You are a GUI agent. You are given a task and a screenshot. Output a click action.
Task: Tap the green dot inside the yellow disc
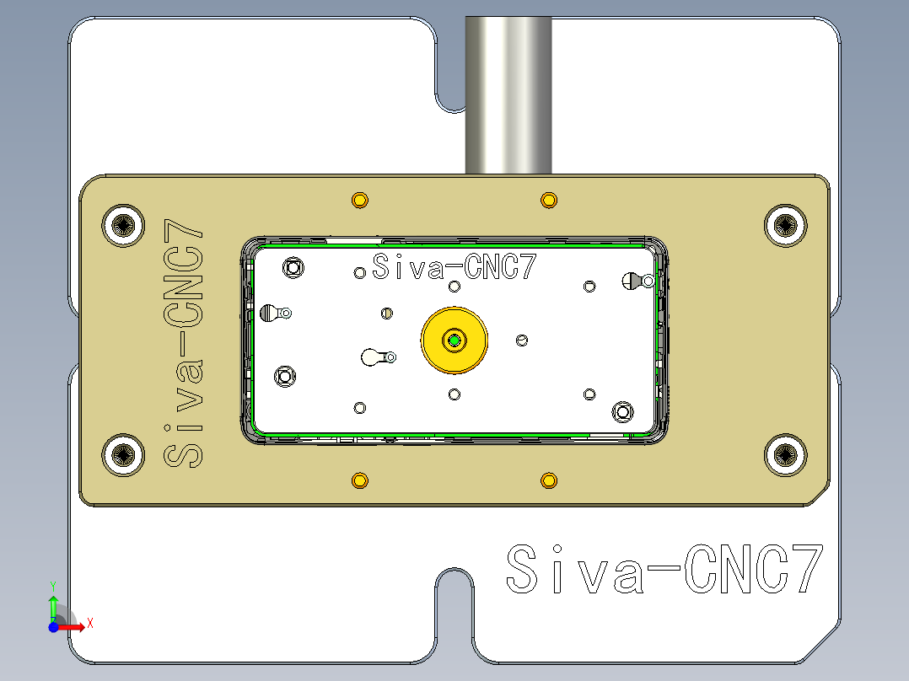pyautogui.click(x=454, y=340)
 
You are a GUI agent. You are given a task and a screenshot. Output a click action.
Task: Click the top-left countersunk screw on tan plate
pyautogui.click(x=123, y=225)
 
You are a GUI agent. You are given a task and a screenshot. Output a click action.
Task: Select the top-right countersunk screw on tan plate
pyautogui.click(x=786, y=225)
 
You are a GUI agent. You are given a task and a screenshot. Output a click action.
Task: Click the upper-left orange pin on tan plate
pyautogui.click(x=360, y=201)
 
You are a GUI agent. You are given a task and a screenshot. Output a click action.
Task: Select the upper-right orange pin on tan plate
pyautogui.click(x=548, y=201)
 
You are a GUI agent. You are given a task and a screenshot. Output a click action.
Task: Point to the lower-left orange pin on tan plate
pyautogui.click(x=360, y=480)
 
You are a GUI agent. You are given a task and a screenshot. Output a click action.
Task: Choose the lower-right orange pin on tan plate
pyautogui.click(x=548, y=480)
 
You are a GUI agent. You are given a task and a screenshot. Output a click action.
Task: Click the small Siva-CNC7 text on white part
pyautogui.click(x=454, y=268)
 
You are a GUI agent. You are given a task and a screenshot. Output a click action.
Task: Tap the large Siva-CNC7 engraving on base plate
pyautogui.click(x=663, y=570)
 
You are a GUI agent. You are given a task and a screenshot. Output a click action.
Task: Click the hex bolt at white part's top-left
pyautogui.click(x=293, y=268)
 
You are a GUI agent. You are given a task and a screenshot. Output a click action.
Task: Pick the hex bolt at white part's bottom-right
pyautogui.click(x=623, y=411)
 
